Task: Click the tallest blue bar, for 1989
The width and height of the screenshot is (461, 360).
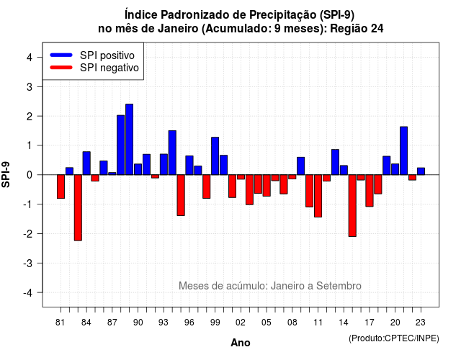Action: [129, 139]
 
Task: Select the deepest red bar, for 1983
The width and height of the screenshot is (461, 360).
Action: [78, 208]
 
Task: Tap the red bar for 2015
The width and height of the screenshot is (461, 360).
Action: [352, 206]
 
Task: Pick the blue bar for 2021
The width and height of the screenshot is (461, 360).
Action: [403, 150]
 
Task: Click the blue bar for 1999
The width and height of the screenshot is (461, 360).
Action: [215, 156]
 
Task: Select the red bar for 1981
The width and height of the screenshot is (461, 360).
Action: [61, 186]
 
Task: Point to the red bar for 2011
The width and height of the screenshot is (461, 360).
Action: [318, 196]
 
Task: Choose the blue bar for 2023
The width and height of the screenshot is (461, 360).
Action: [421, 171]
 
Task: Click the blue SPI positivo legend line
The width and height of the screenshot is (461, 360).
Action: [61, 55]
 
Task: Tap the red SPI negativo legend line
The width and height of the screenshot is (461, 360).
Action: [61, 67]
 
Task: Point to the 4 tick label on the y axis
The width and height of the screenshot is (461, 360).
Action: [30, 58]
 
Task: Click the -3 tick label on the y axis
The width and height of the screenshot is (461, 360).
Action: [28, 264]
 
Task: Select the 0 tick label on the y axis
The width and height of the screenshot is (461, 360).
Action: [30, 175]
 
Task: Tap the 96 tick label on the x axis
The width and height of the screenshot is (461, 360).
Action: [189, 323]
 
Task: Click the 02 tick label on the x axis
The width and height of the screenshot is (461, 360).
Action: [240, 323]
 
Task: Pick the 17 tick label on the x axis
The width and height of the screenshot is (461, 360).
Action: [370, 323]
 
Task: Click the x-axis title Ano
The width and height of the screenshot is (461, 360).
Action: [241, 343]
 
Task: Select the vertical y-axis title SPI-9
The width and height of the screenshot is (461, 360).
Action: [6, 174]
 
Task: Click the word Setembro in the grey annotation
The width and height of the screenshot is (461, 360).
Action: [339, 286]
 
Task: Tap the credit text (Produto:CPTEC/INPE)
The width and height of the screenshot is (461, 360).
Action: [394, 338]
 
